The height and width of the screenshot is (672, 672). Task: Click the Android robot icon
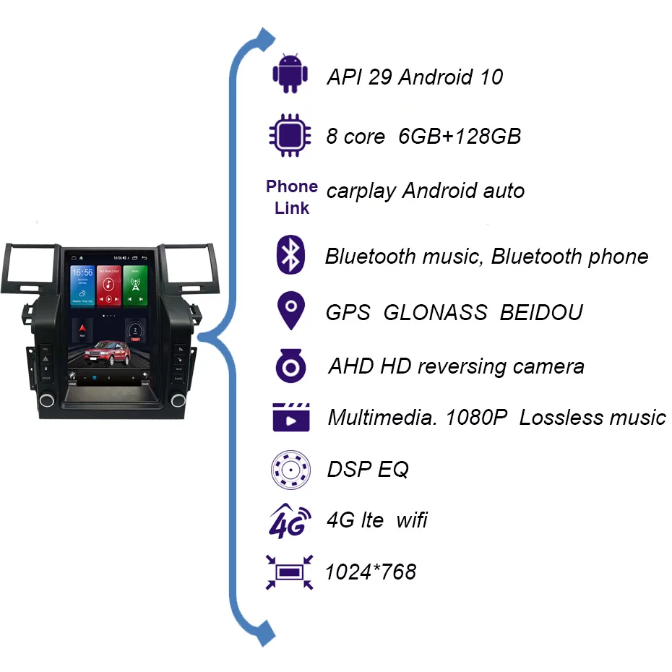tap(290, 74)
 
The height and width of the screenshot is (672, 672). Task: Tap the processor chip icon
tap(290, 135)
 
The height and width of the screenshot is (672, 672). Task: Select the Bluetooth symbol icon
tap(290, 254)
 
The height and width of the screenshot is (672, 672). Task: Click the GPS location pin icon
tap(291, 310)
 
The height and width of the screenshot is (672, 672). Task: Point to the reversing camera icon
tap(291, 366)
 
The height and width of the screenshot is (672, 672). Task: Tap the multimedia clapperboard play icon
tap(291, 417)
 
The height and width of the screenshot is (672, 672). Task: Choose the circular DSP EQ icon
tap(290, 470)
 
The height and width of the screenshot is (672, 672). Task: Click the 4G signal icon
tap(290, 521)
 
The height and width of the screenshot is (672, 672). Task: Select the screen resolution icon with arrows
tap(289, 572)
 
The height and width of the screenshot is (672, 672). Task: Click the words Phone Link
tap(292, 197)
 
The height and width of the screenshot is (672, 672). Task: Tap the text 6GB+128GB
tap(460, 137)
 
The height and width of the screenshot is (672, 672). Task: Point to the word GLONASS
tap(435, 312)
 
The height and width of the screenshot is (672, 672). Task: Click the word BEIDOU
tap(541, 312)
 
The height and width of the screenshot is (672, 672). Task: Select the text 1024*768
tap(371, 572)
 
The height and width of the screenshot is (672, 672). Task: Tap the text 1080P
tap(476, 417)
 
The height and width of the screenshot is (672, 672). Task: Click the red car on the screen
tap(108, 353)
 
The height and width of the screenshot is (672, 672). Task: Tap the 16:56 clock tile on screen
tap(82, 285)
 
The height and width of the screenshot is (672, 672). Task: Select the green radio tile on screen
tap(135, 285)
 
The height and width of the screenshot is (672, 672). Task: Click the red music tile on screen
tap(109, 285)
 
